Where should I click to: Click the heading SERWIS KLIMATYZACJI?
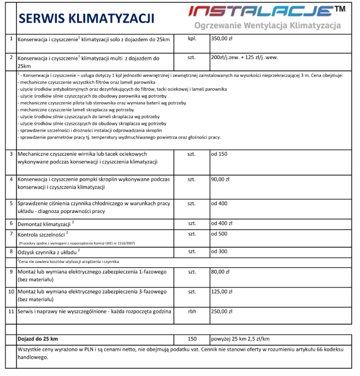[86, 18]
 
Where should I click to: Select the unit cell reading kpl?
[191, 39]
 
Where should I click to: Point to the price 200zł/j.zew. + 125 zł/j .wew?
[244, 57]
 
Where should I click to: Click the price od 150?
[219, 154]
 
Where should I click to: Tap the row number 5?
[11, 203]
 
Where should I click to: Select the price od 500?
[219, 234]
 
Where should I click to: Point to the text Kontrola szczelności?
[41, 235]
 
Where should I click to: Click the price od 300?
[219, 252]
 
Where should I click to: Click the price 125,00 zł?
[222, 292]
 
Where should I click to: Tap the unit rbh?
[191, 312]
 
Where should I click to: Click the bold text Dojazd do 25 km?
[41, 339]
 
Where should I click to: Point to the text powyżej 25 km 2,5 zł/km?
[240, 339]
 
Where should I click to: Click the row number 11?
[11, 312]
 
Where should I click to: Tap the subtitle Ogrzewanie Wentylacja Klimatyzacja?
[267, 26]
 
